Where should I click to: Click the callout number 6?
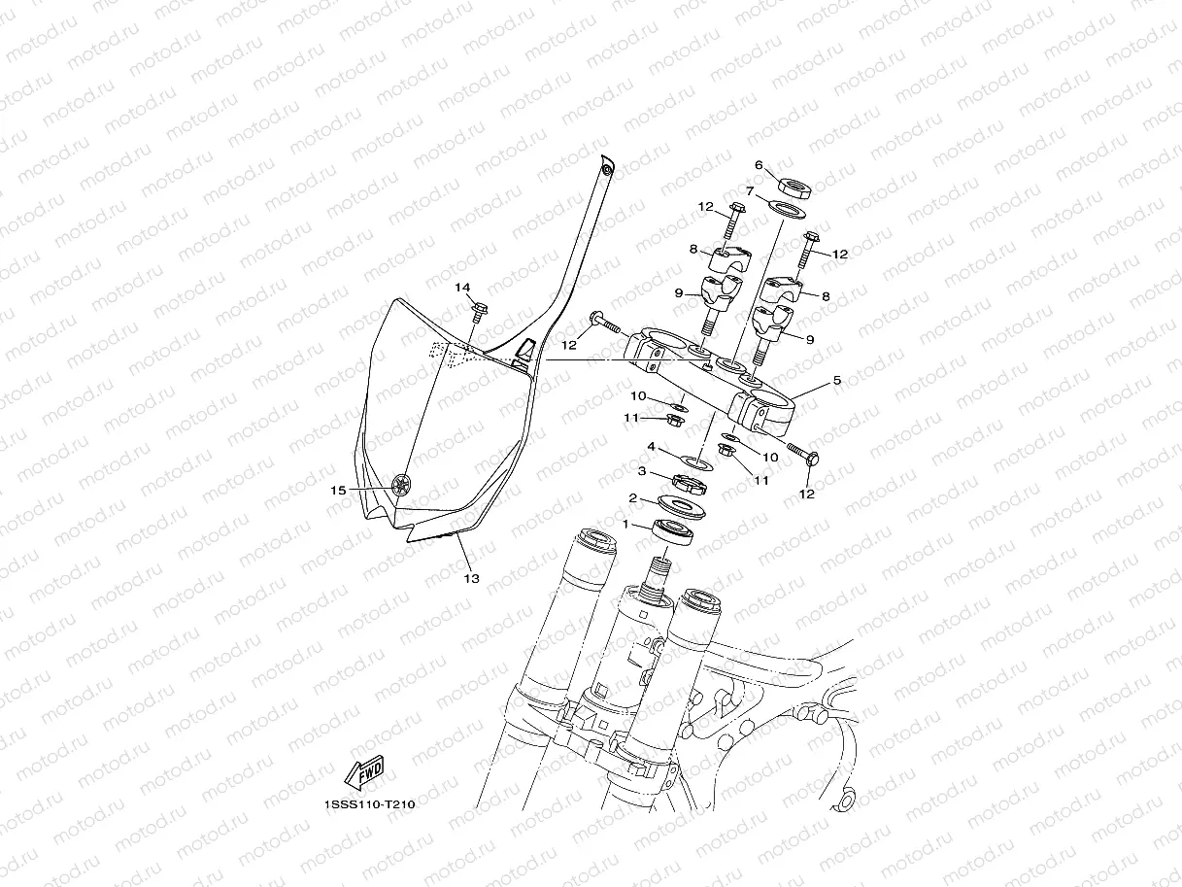click(759, 165)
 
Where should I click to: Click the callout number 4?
click(653, 448)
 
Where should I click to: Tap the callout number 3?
click(641, 471)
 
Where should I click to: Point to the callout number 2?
click(632, 498)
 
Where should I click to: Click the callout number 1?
click(626, 525)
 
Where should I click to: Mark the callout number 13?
click(471, 579)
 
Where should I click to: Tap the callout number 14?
click(462, 288)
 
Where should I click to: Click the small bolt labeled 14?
click(479, 311)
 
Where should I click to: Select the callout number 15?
click(337, 491)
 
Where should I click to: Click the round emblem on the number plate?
click(399, 486)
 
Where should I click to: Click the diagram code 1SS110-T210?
click(363, 804)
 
